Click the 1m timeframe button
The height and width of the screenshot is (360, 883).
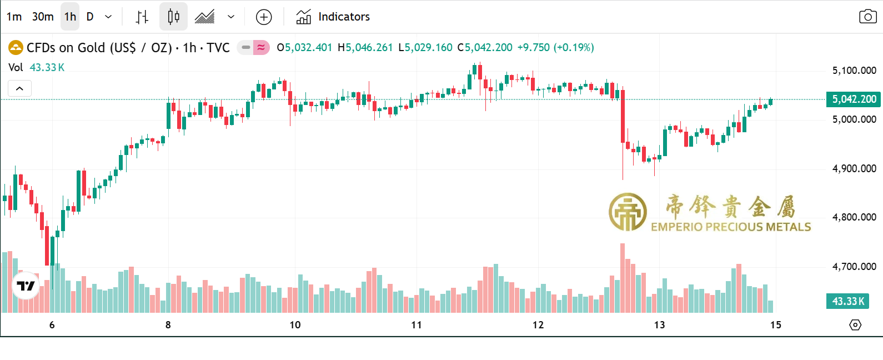click(x=14, y=17)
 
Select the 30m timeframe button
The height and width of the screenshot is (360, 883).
click(x=43, y=17)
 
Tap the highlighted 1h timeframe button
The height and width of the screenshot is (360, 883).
click(x=70, y=17)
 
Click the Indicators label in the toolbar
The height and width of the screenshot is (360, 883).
click(x=344, y=17)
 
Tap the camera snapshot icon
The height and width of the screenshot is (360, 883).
click(x=867, y=17)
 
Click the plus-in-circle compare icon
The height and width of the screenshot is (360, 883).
click(x=264, y=17)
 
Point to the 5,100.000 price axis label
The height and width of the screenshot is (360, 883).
click(x=854, y=71)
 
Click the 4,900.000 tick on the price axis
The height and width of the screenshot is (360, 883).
click(x=854, y=168)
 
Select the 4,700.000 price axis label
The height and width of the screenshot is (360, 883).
click(x=854, y=267)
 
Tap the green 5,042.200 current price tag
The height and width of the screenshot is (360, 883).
click(x=854, y=99)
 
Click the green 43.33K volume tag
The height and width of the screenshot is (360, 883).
click(x=847, y=301)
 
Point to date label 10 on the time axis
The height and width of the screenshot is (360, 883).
click(x=295, y=325)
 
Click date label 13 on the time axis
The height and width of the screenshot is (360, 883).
click(x=659, y=325)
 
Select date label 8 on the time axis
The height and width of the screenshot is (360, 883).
click(x=168, y=325)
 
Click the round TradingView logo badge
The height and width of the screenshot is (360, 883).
click(x=26, y=286)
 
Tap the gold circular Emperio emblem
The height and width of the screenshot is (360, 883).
click(x=628, y=212)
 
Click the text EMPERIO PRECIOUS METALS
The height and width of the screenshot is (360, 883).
click(x=731, y=227)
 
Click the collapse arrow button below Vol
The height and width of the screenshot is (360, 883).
click(x=19, y=88)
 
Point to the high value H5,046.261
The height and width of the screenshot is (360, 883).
click(x=365, y=48)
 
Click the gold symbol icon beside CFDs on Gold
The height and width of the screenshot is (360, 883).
click(x=16, y=48)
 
